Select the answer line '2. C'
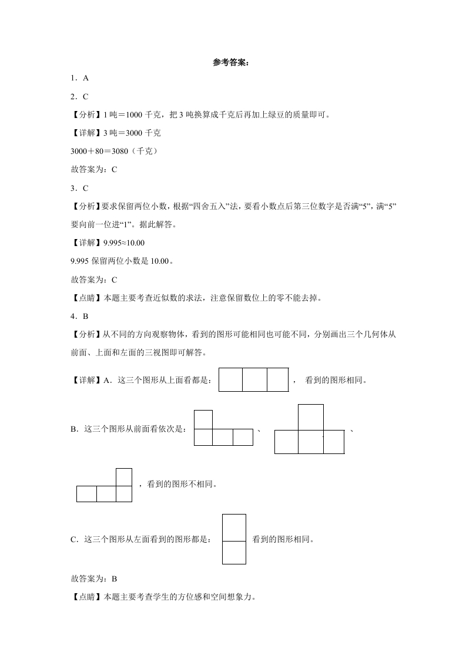click(79, 96)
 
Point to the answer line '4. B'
click(79, 316)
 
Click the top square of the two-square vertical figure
click(234, 527)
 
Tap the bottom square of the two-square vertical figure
click(234, 552)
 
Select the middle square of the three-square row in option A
click(254, 380)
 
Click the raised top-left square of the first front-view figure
click(203, 419)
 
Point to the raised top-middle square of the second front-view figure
click(310, 417)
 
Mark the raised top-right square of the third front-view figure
click(123, 477)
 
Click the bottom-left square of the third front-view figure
click(86, 494)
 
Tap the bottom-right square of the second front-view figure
click(333, 442)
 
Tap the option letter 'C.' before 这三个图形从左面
click(75, 539)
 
